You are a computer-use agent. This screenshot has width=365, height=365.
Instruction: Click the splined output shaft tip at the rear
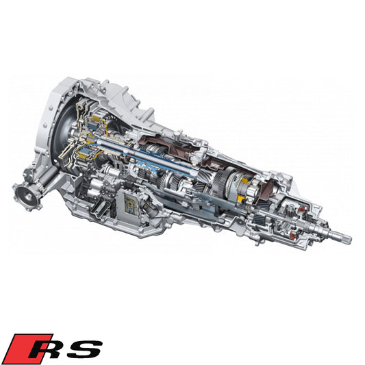tap(342, 238)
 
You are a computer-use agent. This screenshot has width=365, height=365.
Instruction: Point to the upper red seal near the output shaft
tap(301, 209)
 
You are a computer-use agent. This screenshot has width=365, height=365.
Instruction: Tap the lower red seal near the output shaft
tap(293, 236)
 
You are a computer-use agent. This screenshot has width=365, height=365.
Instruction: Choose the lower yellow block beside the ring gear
tap(240, 199)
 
